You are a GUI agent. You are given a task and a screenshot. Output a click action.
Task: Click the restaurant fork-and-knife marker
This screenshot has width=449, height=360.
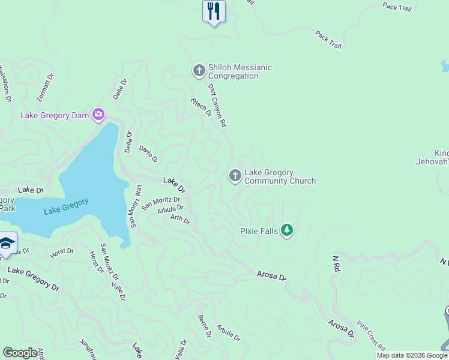click(213, 11)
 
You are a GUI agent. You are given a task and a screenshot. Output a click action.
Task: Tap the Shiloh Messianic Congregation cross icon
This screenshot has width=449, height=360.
click(199, 71)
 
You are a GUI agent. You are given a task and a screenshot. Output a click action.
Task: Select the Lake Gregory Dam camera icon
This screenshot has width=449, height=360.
click(98, 115)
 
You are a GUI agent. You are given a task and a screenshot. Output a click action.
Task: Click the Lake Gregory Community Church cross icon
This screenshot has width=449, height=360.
click(235, 176)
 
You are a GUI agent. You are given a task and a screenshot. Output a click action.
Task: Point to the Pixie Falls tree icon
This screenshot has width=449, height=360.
click(287, 230)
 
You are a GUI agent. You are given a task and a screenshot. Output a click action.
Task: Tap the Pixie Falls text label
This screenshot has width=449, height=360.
click(259, 230)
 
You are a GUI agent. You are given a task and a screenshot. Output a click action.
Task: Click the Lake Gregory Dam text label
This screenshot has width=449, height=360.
click(55, 115)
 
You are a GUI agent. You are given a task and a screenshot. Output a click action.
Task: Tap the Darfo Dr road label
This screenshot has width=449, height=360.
click(148, 154)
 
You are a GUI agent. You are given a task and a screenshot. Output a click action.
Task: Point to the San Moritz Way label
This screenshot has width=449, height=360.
click(136, 206)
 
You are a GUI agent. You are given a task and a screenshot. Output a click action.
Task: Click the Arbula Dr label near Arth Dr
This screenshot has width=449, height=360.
click(170, 210)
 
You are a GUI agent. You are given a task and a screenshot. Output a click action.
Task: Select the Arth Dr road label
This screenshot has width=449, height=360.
click(180, 220)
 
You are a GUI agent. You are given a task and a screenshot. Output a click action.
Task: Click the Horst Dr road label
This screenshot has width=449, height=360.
click(62, 253)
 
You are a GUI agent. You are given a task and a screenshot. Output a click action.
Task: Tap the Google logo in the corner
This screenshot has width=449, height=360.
click(20, 353)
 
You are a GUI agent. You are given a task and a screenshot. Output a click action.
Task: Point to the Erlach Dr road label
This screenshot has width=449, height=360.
click(202, 107)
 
